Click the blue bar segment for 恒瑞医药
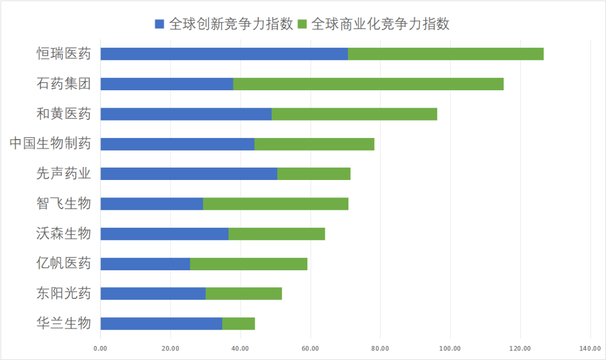click(x=224, y=54)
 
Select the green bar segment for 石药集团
click(x=368, y=84)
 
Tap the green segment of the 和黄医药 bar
click(x=354, y=114)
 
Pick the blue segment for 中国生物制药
click(x=177, y=144)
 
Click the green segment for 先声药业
click(x=314, y=174)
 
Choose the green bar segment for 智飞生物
click(x=276, y=204)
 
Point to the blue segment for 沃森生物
click(x=164, y=234)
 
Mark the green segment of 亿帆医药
click(x=249, y=264)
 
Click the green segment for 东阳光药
click(x=244, y=293)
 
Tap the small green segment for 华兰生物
click(x=238, y=324)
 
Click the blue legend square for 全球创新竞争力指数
click(x=159, y=24)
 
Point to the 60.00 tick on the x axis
click(x=310, y=349)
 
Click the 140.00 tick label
click(x=590, y=349)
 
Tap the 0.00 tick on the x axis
click(x=100, y=349)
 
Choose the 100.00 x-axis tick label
click(x=450, y=349)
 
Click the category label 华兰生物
click(x=63, y=324)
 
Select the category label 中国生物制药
click(x=50, y=144)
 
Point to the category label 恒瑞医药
click(x=63, y=54)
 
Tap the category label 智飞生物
click(x=63, y=204)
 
